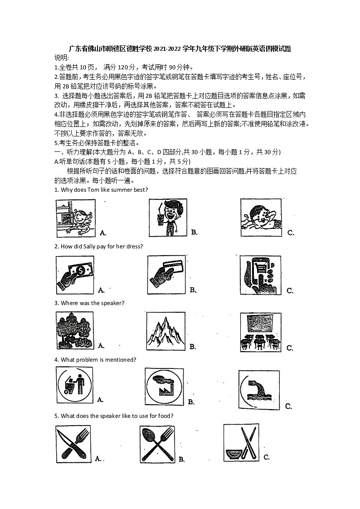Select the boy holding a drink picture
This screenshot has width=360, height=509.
click(168, 218)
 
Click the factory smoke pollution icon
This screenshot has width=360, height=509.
click(164, 387)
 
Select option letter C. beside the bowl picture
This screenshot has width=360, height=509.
click(267, 457)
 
